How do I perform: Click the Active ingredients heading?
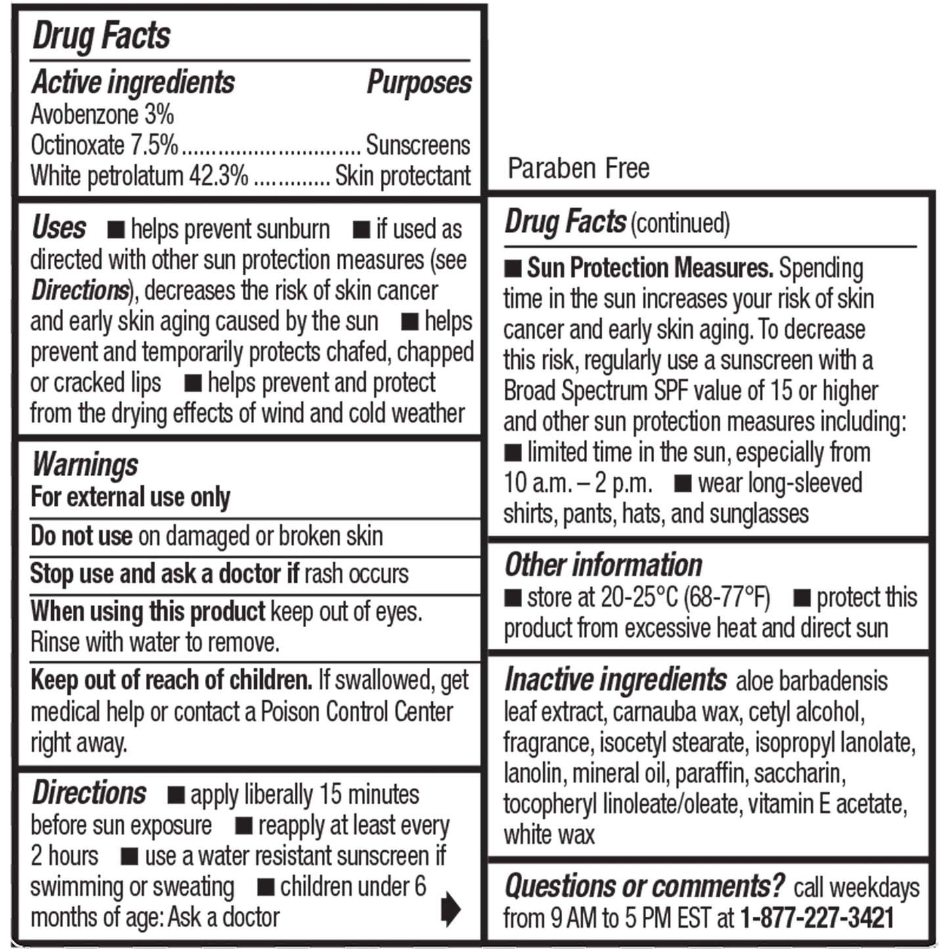click(x=133, y=83)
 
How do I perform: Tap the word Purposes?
click(x=419, y=83)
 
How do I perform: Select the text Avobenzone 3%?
click(x=102, y=115)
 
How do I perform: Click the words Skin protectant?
click(x=403, y=176)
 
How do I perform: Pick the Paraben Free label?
click(x=579, y=169)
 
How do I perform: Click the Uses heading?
click(x=59, y=228)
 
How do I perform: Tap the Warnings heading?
click(x=85, y=464)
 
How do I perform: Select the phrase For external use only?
click(x=131, y=497)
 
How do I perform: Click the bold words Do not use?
click(x=81, y=536)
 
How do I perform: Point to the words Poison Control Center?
click(x=357, y=712)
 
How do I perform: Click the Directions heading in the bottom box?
click(x=89, y=793)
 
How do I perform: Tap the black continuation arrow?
click(x=451, y=909)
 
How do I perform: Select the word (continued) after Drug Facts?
click(x=680, y=223)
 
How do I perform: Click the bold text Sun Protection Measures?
click(x=650, y=268)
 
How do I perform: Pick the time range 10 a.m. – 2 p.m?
click(x=578, y=483)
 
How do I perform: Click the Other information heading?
click(x=604, y=565)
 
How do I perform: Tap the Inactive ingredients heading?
click(x=615, y=680)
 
